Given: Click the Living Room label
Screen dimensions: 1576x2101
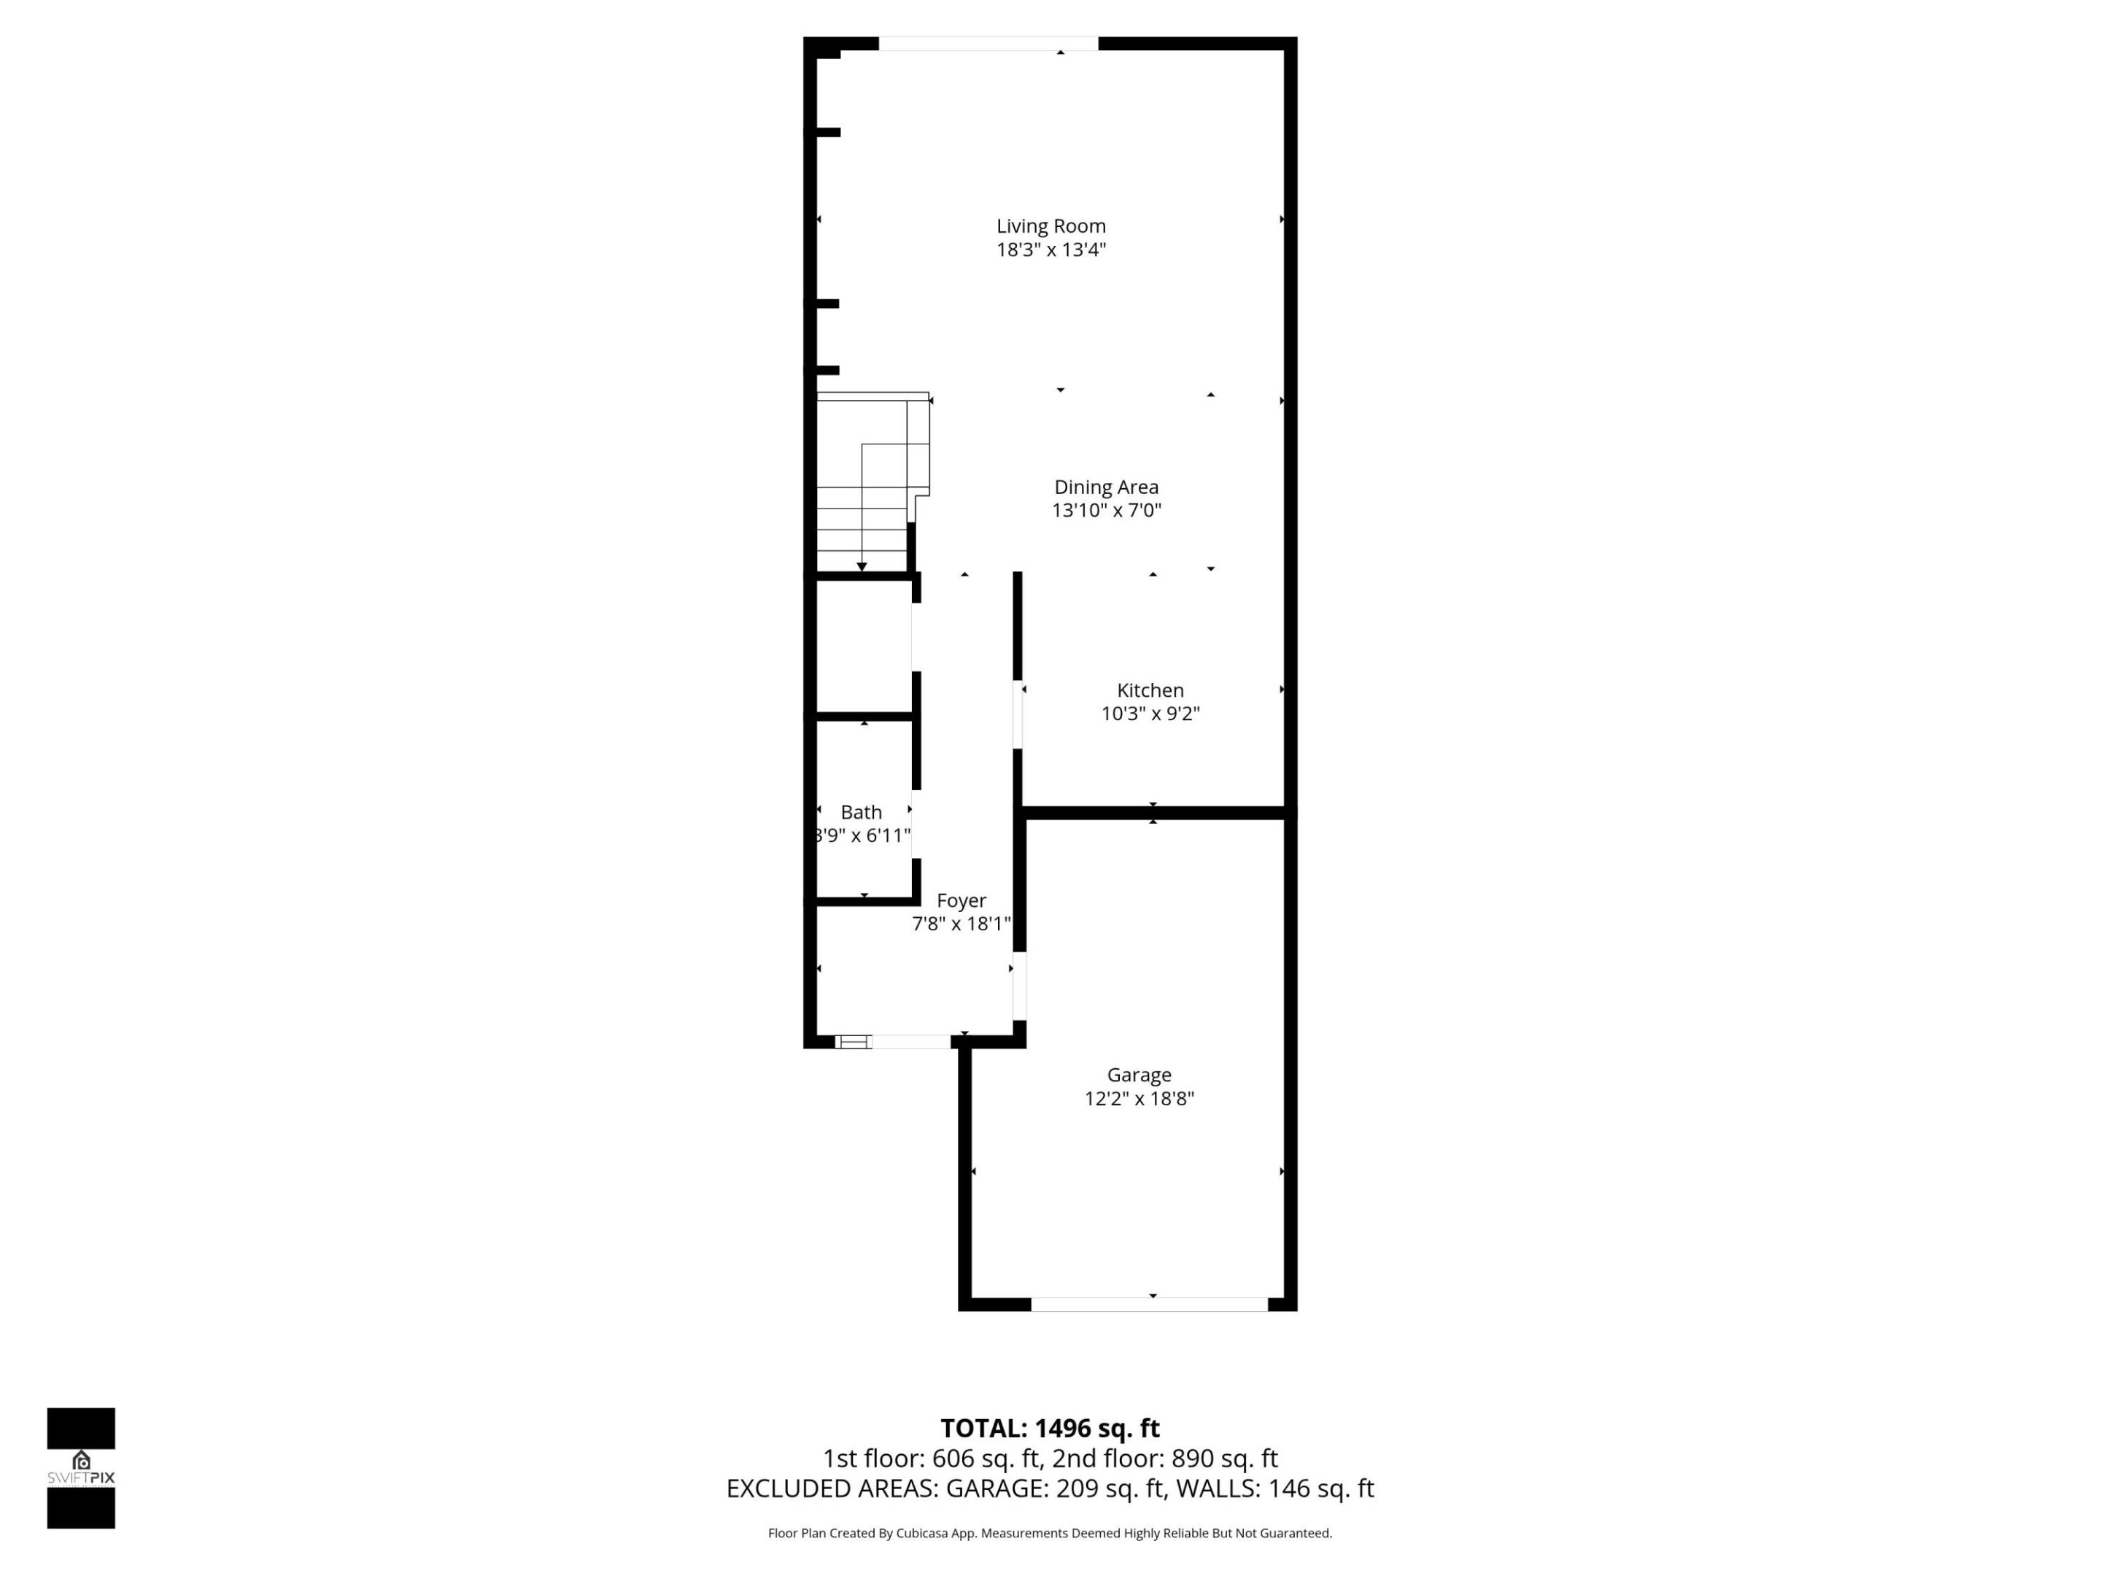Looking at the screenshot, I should point(1050,226).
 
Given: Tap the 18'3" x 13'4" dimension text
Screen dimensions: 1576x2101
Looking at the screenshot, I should point(1050,250).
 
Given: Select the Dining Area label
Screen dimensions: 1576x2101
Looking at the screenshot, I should point(1106,487).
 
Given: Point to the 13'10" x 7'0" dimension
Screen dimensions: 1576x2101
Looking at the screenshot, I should point(1106,511).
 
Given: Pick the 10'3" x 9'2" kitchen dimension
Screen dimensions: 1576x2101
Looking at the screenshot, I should point(1150,714).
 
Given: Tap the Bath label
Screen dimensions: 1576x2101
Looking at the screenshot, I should point(861,812).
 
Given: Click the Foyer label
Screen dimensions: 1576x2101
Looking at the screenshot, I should point(961,900).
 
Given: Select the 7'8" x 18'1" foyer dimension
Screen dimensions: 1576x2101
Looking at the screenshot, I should point(961,924).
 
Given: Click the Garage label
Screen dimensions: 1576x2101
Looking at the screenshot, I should point(1139,1075).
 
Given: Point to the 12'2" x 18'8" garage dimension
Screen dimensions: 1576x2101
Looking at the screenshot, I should point(1139,1099).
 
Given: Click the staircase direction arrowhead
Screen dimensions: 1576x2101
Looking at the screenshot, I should point(862,567).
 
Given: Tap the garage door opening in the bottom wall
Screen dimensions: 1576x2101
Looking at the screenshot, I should point(1149,1305).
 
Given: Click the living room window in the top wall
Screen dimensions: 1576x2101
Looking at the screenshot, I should point(988,44).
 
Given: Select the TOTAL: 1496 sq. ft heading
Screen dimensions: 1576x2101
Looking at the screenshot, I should point(1050,1429).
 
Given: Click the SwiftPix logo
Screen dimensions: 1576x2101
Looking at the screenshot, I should point(81,1468).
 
